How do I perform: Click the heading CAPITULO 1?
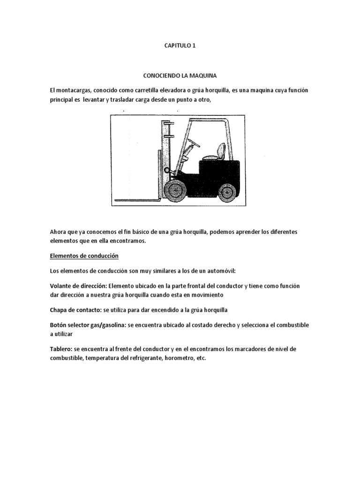tap(180, 46)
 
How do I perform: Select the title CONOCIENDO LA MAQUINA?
tap(180, 75)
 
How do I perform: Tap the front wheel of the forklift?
tap(174, 189)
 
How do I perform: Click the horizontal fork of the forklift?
tap(136, 201)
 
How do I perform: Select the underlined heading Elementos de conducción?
tap(84, 256)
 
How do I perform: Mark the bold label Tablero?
tap(61, 349)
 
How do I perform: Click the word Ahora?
tap(59, 232)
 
